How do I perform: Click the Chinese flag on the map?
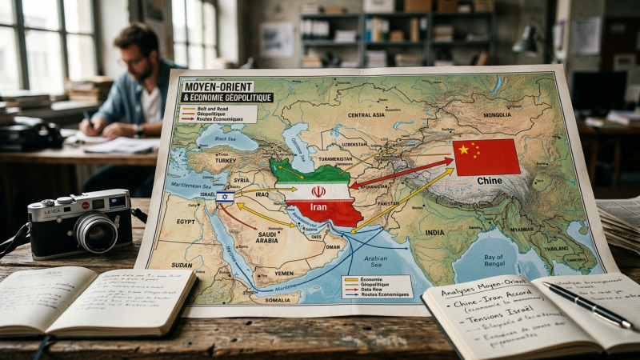coord(486,157)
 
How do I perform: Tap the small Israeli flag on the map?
coord(225,196)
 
